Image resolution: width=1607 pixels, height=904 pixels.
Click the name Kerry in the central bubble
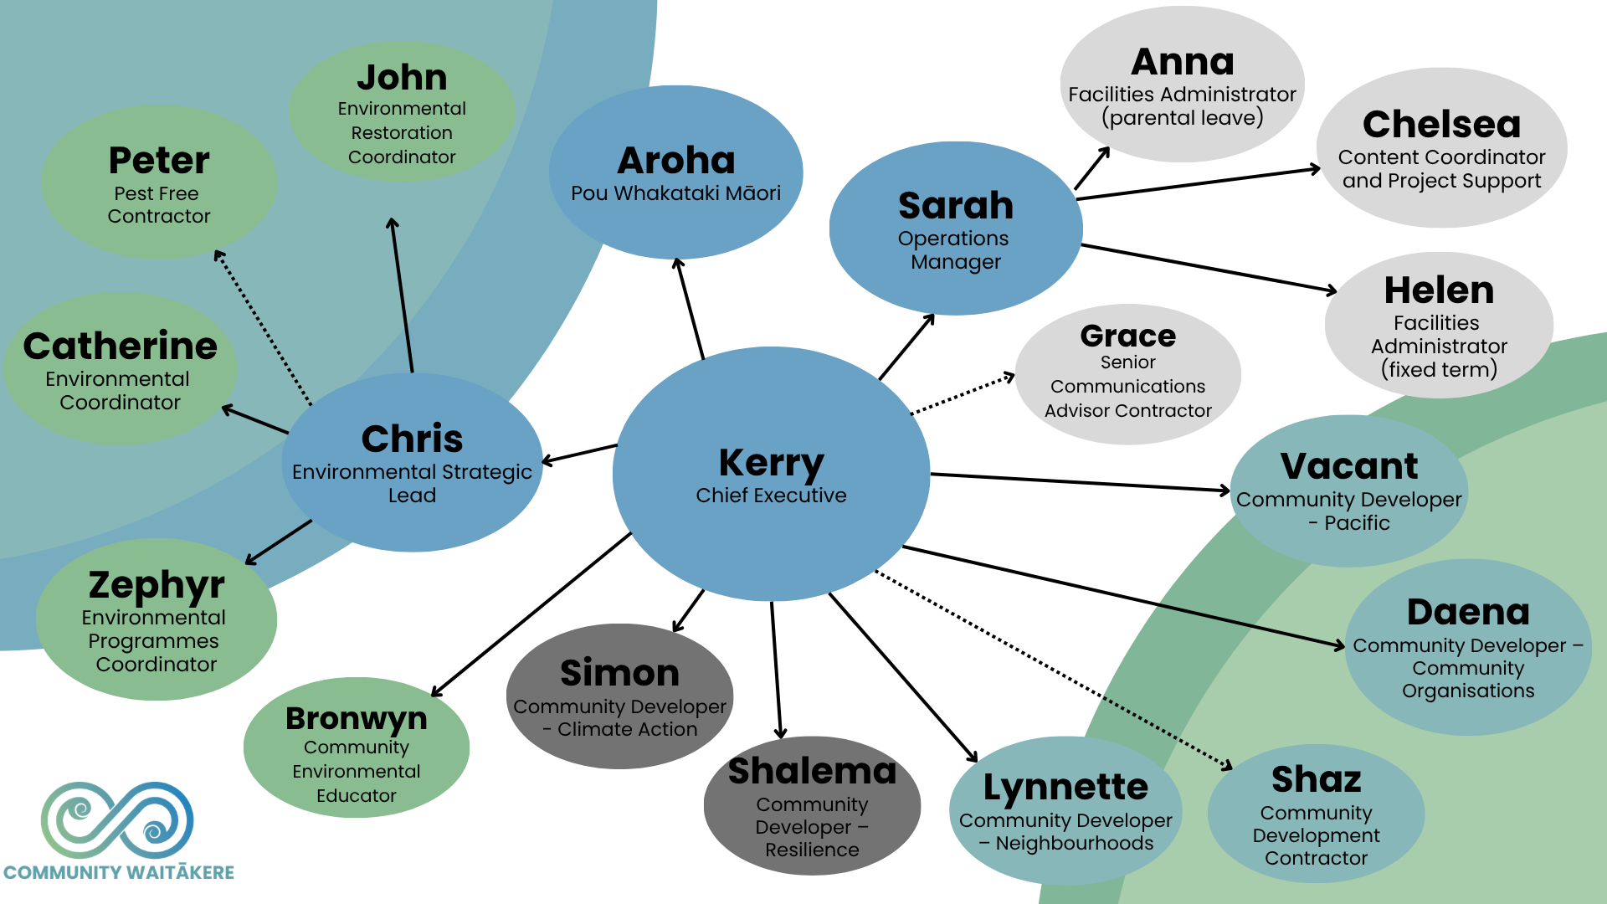(x=771, y=463)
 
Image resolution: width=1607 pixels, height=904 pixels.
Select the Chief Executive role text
(x=771, y=496)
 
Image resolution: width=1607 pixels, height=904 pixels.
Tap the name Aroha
(x=676, y=160)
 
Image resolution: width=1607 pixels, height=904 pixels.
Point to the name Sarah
(x=955, y=205)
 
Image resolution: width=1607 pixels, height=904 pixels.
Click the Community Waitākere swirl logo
(x=117, y=819)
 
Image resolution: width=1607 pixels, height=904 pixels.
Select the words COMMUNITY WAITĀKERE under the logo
(x=119, y=872)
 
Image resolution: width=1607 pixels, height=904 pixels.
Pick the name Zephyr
(x=157, y=584)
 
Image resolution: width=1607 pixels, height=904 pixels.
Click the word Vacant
(x=1349, y=465)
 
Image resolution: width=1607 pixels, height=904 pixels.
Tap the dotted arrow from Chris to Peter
(x=263, y=326)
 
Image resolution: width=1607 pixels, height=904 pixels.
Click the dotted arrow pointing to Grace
(x=963, y=394)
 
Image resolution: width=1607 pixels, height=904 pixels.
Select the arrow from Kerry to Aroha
(x=691, y=310)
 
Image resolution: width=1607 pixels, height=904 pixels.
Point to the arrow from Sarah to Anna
(x=1091, y=168)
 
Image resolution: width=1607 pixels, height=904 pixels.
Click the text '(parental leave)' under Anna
(x=1182, y=118)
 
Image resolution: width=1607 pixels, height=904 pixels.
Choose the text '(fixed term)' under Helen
(x=1439, y=369)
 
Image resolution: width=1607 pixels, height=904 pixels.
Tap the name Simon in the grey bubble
(x=619, y=673)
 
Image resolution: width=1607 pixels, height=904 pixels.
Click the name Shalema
(x=812, y=771)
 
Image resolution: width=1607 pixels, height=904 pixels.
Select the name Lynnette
(x=1065, y=787)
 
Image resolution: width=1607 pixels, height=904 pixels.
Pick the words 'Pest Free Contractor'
(x=158, y=205)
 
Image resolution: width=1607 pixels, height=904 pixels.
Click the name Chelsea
(x=1441, y=125)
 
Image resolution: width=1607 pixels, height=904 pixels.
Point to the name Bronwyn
(x=357, y=718)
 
